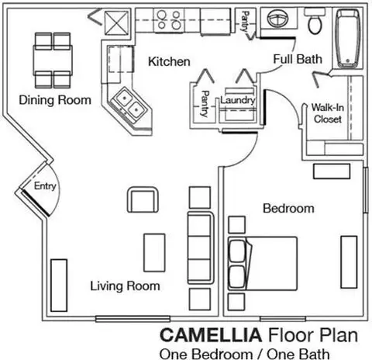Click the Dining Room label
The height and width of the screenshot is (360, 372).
(x=55, y=100)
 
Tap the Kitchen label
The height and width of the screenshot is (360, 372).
(x=169, y=61)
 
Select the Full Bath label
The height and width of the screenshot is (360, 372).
(x=298, y=59)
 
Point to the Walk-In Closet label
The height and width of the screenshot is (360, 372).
(x=328, y=113)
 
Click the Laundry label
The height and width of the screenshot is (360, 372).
(x=238, y=101)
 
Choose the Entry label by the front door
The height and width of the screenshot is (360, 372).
(x=45, y=186)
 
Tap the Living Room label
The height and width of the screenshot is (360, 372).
(x=125, y=286)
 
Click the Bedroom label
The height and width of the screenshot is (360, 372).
(x=288, y=209)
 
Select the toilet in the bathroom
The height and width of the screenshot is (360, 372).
(x=315, y=21)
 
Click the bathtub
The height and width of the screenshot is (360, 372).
(x=348, y=38)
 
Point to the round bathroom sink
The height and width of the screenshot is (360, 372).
(x=278, y=18)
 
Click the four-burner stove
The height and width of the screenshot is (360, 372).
(x=169, y=20)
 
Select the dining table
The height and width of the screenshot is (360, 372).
(x=53, y=61)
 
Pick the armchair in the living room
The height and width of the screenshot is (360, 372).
(x=143, y=200)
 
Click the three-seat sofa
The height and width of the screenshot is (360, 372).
(x=201, y=247)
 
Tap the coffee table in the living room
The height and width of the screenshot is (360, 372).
(x=154, y=253)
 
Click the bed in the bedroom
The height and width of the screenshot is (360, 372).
(x=263, y=264)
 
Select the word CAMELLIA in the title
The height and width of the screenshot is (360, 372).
(x=211, y=335)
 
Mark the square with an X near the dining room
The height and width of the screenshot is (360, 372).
(x=116, y=22)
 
